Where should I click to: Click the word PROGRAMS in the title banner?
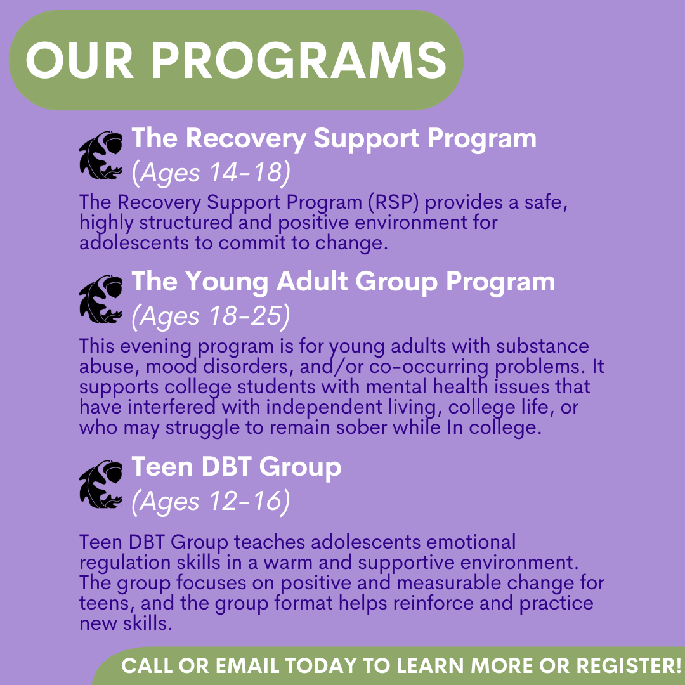(x=298, y=60)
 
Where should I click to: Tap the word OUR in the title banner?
(x=79, y=60)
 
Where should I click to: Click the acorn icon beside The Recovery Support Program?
(x=100, y=155)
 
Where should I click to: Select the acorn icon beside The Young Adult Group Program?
(x=100, y=299)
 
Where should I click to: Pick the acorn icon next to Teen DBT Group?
(x=100, y=484)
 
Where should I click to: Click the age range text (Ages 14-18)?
(x=211, y=173)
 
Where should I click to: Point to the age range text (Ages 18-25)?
(x=211, y=316)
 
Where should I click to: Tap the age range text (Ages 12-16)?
(x=211, y=501)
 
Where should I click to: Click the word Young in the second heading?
(x=226, y=282)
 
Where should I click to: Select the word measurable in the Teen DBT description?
(x=450, y=583)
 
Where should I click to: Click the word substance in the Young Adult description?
(x=542, y=346)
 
